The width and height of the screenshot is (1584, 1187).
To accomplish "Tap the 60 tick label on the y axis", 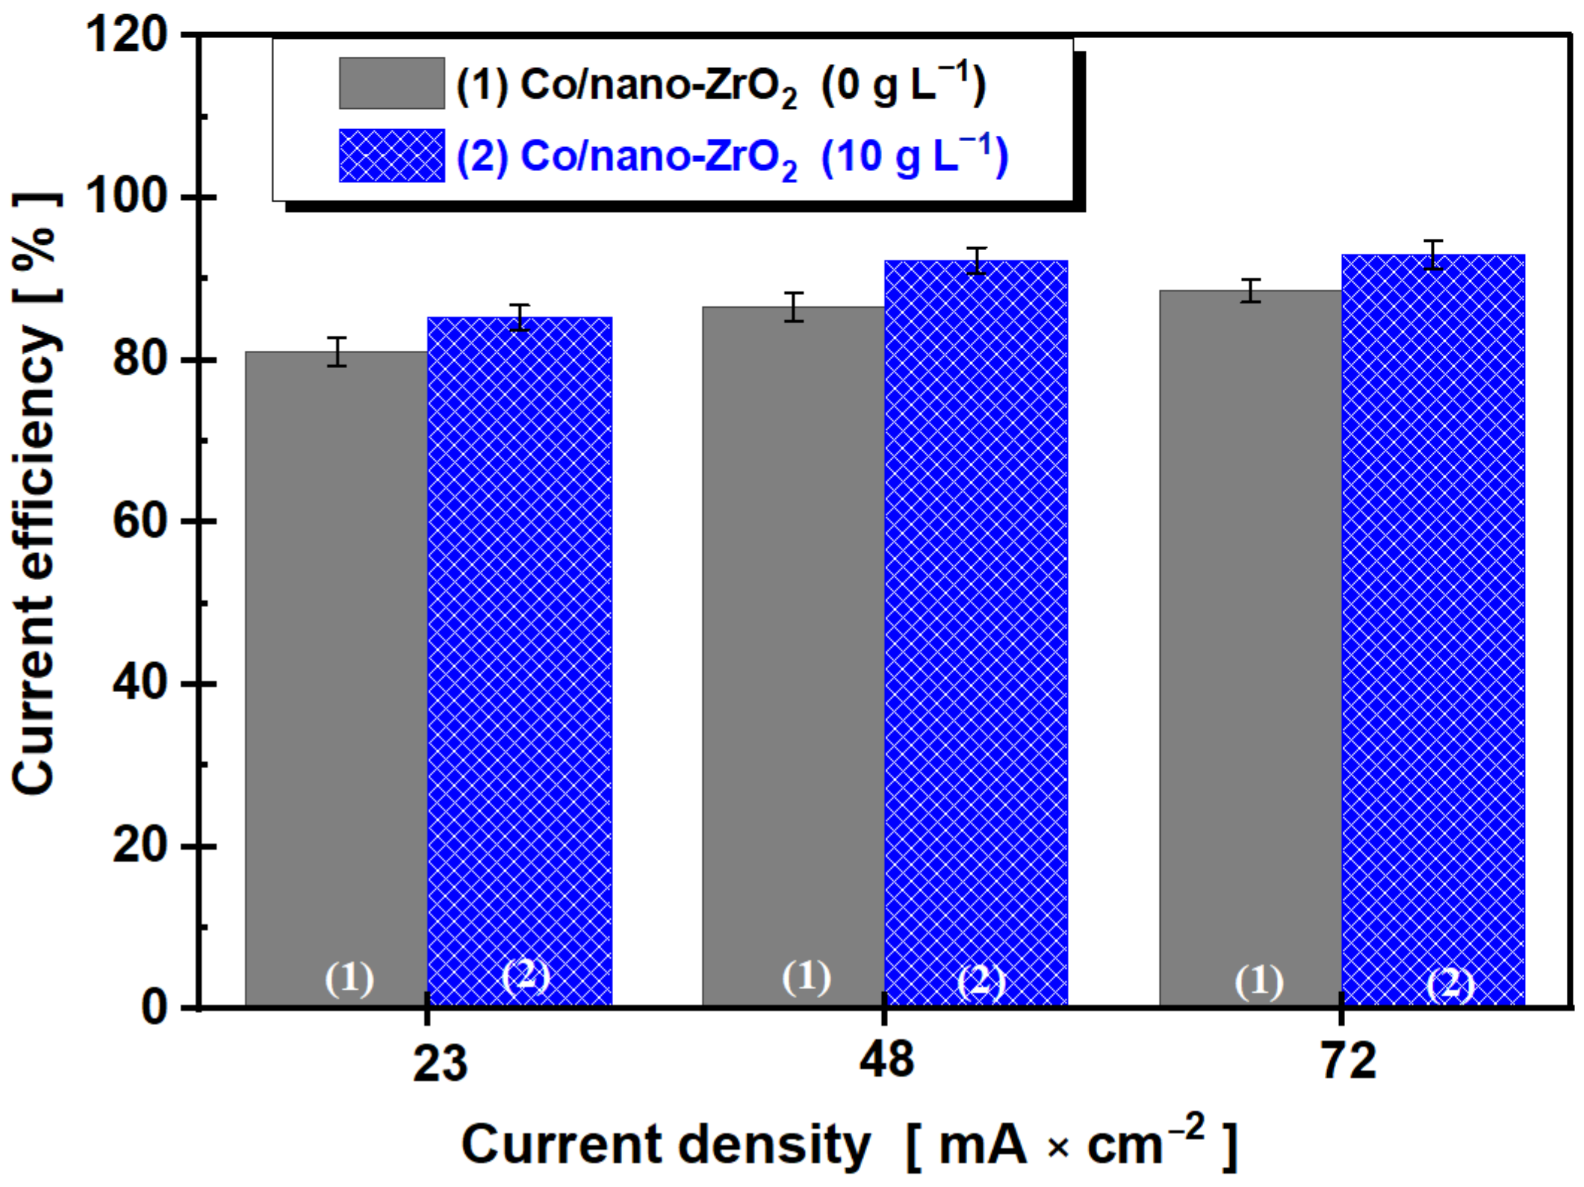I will (x=140, y=522).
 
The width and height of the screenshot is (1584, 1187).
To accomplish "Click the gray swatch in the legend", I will (x=391, y=83).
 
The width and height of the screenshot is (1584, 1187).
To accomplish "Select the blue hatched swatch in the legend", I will (x=391, y=155).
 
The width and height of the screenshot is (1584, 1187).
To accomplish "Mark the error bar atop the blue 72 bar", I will (x=1433, y=255).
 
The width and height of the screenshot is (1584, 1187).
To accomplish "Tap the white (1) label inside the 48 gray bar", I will (x=806, y=977).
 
